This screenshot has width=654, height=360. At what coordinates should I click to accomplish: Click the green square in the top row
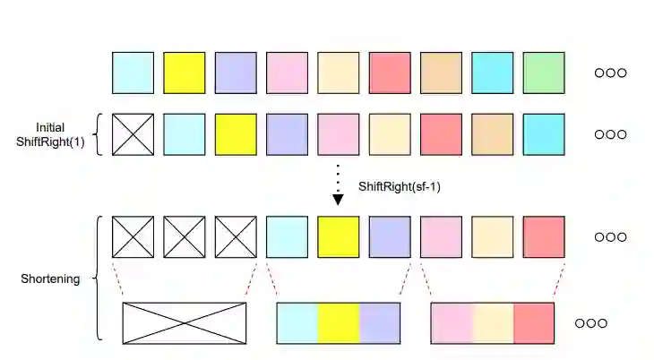(x=544, y=73)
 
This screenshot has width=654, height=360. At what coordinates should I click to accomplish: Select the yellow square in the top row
(x=184, y=73)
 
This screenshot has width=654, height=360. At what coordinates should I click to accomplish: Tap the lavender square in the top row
(x=236, y=73)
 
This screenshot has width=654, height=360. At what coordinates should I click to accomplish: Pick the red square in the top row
(x=390, y=73)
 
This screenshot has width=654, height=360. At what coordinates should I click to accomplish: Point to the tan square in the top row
(x=441, y=73)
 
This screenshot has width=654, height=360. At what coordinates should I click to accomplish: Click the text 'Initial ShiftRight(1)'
(x=51, y=135)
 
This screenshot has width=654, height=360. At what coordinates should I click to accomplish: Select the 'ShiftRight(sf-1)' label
(x=399, y=187)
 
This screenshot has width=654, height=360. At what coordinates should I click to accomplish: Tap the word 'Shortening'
(x=50, y=279)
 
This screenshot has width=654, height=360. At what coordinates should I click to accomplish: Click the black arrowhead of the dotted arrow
(x=338, y=199)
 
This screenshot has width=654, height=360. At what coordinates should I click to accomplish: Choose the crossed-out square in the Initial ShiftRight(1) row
(x=133, y=134)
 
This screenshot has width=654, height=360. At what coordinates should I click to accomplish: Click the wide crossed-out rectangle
(x=185, y=323)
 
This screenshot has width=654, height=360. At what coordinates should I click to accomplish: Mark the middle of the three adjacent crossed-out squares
(x=184, y=236)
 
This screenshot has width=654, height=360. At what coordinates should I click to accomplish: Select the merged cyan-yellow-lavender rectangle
(x=339, y=323)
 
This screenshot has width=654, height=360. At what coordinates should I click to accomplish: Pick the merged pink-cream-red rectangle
(x=493, y=323)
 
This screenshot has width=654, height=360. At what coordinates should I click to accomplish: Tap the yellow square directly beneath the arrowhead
(x=339, y=236)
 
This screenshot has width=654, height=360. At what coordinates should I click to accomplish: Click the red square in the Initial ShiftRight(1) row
(x=441, y=134)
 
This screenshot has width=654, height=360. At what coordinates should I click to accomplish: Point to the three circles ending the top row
(x=610, y=73)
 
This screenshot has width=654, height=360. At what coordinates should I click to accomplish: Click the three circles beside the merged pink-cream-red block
(x=590, y=323)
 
